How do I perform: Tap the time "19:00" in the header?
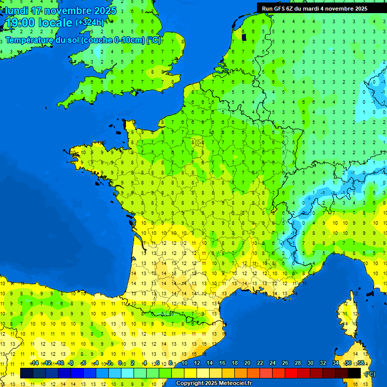pyautogui.click(x=21, y=23)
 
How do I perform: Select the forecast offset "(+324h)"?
pyautogui.click(x=90, y=23)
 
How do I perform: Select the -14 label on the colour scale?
pyautogui.click(x=34, y=363)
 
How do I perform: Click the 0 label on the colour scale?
pyautogui.click(x=120, y=363)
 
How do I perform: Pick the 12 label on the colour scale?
pyautogui.click(x=197, y=363)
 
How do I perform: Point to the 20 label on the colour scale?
pyautogui.click(x=247, y=363)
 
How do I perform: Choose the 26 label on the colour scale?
pyautogui.click(x=285, y=363)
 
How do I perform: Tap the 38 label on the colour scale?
pyautogui.click(x=360, y=363)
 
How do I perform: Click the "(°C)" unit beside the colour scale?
pyautogui.click(x=370, y=373)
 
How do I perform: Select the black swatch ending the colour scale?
pyautogui.click(x=354, y=373)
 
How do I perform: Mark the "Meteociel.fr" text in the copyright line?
pyautogui.click(x=235, y=383)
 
